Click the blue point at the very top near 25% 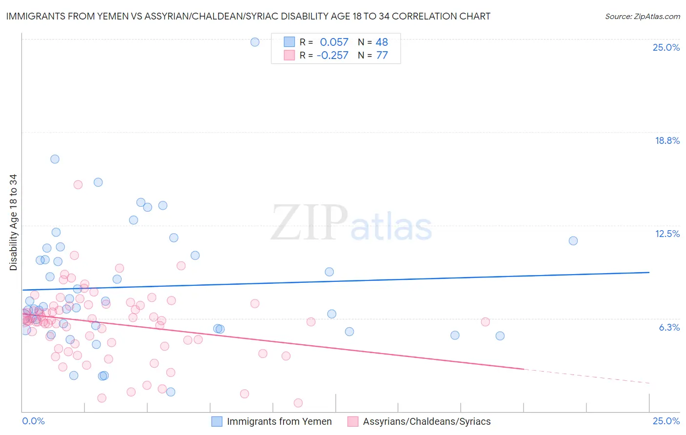(x=255, y=42)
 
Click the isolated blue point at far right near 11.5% (x=573, y=241)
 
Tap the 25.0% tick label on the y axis (x=666, y=47)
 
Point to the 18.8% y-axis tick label (x=667, y=140)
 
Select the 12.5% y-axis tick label (x=667, y=234)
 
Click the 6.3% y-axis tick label (x=669, y=327)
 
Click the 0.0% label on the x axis (x=33, y=421)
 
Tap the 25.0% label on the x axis (x=666, y=421)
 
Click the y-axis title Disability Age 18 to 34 (x=13, y=222)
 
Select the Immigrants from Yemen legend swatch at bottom (x=217, y=421)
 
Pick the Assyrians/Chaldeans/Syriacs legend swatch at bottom (x=353, y=421)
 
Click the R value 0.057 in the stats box (x=334, y=42)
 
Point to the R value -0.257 (x=332, y=56)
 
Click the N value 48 (x=382, y=42)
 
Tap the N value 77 (x=382, y=56)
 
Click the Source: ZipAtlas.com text (x=642, y=17)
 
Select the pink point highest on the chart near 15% (x=78, y=184)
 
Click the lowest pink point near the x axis (x=298, y=403)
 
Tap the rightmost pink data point (x=485, y=322)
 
